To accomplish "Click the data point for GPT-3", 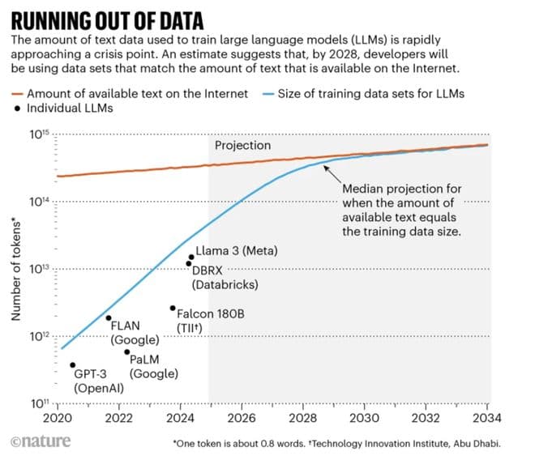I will point(73,365).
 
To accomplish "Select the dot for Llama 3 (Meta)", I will point(191,258).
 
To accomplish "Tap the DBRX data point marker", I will point(189,264).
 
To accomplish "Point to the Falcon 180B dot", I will point(173,308).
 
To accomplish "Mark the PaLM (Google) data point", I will point(126,352).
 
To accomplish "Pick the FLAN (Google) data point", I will point(109,317).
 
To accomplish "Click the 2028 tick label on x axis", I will point(303,419).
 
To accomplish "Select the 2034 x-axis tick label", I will point(487,419).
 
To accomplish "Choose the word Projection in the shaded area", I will point(243,146).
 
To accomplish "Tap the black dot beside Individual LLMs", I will point(18,108).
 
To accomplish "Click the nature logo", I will point(41,442).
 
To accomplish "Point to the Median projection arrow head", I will point(325,168).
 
